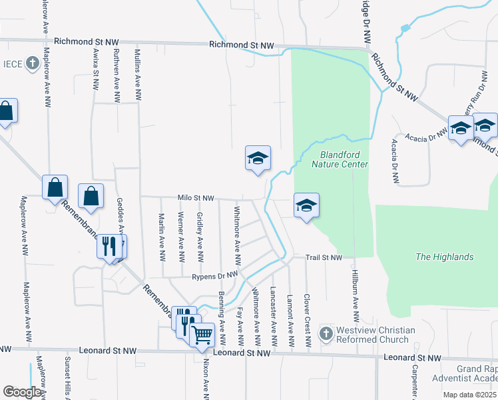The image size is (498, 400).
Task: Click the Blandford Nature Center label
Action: click(x=339, y=159)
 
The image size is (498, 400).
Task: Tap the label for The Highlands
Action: click(x=444, y=257)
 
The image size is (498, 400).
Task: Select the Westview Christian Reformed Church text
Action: click(x=376, y=335)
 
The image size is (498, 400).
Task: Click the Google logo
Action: click(x=22, y=391)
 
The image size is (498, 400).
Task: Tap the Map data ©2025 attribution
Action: click(x=469, y=395)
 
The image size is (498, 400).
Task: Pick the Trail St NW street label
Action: click(x=324, y=257)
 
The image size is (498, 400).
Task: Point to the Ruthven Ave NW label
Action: click(x=117, y=75)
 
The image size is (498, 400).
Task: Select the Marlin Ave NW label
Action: click(x=162, y=237)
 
